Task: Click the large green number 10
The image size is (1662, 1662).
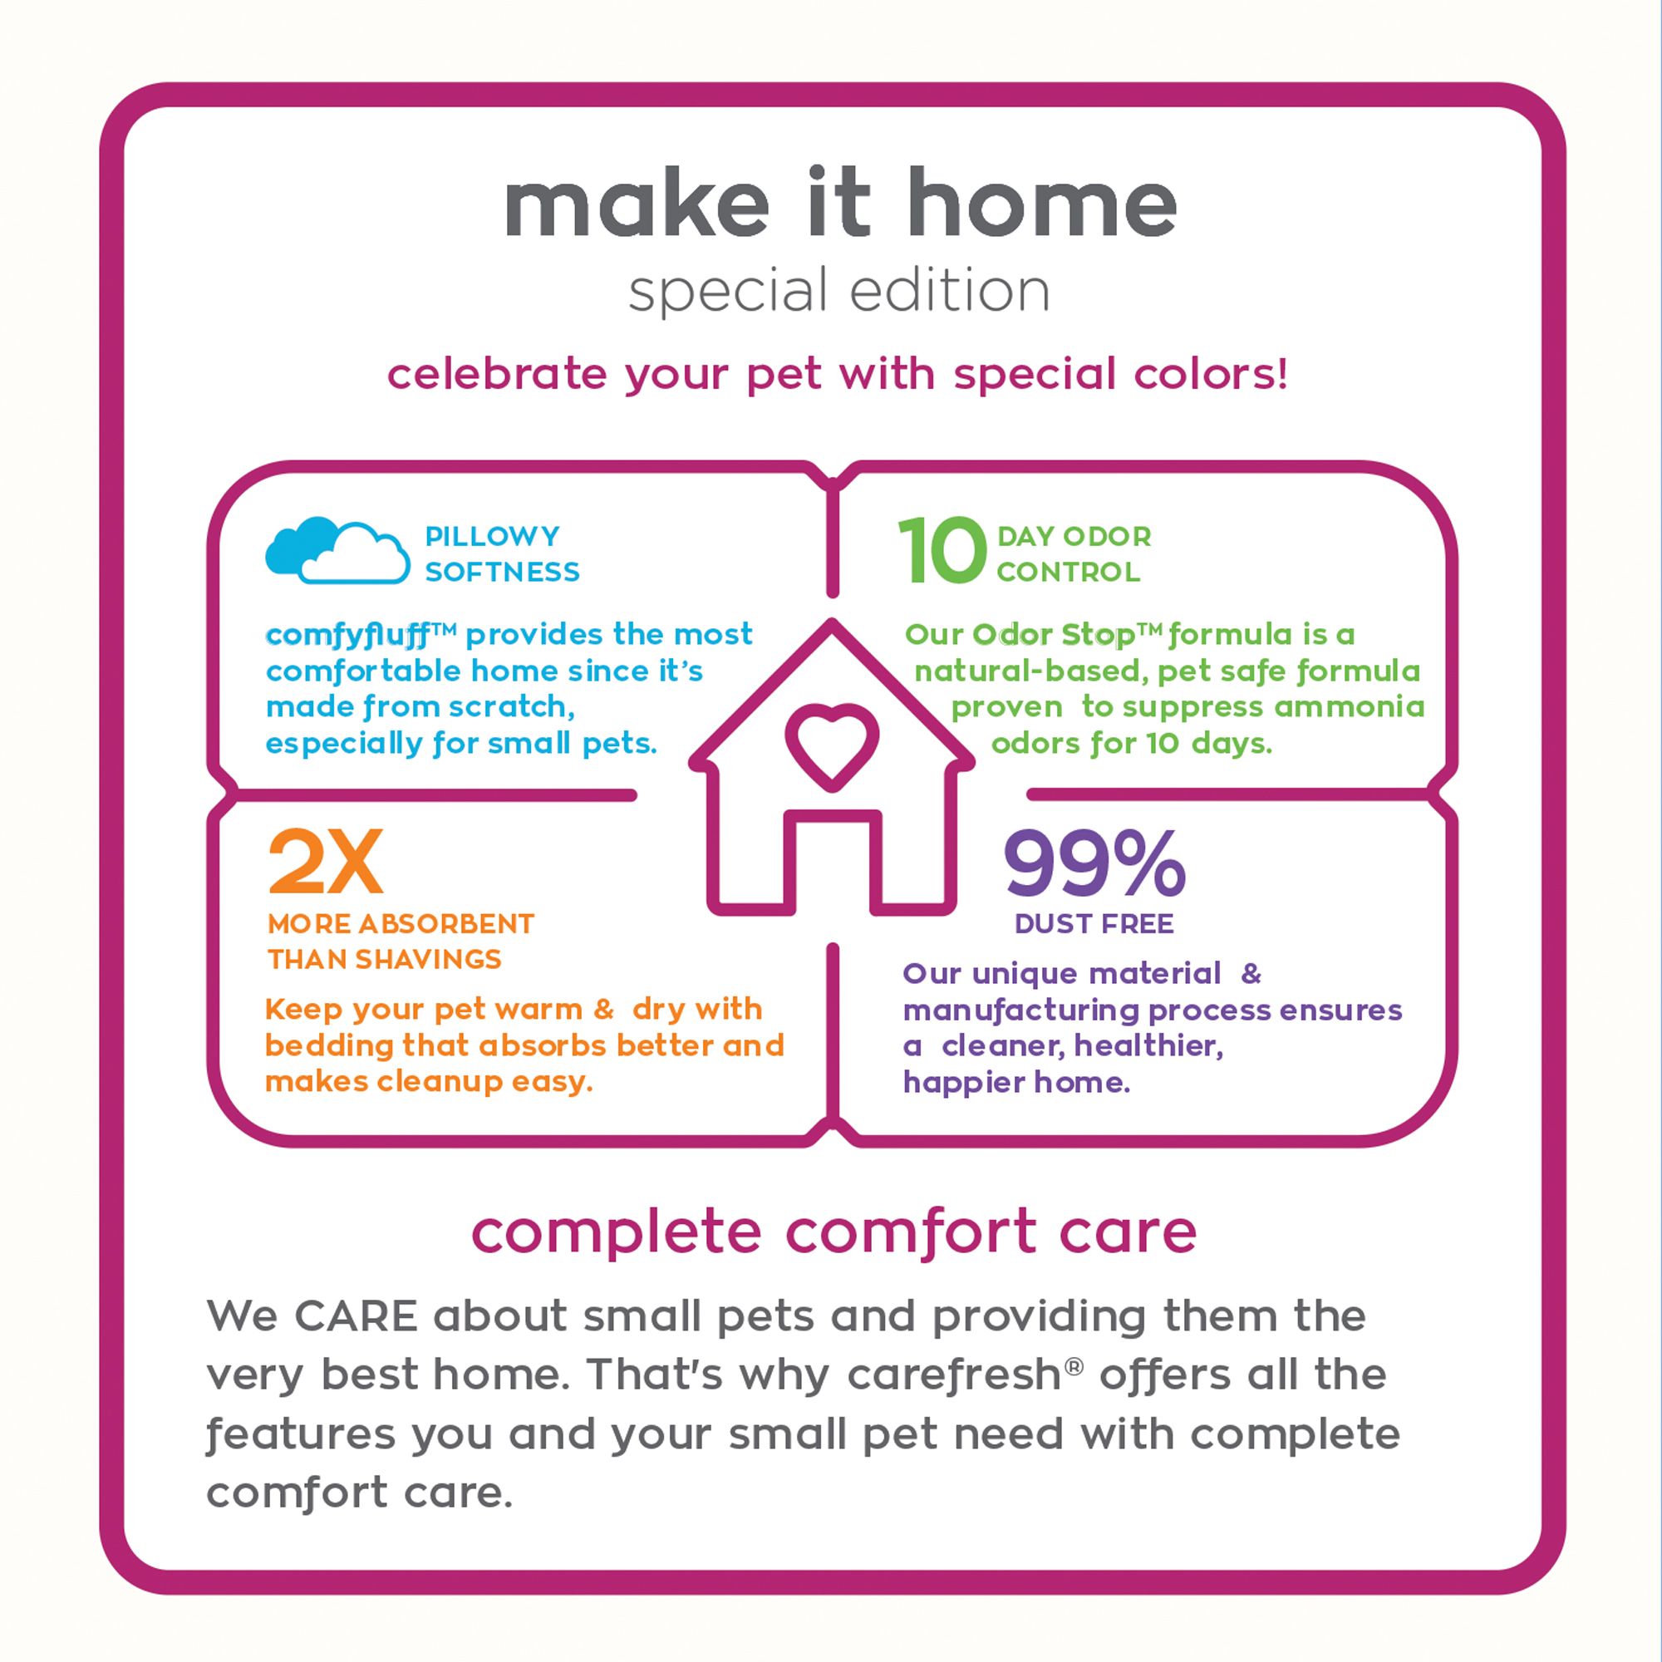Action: [x=942, y=552]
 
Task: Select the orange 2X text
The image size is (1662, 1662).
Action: [x=325, y=863]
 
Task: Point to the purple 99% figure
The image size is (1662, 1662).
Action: [x=1095, y=863]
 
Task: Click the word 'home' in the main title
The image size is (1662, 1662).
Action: [x=1042, y=203]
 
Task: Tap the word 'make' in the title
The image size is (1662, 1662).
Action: [x=636, y=203]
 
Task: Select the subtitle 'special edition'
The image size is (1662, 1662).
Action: [x=838, y=293]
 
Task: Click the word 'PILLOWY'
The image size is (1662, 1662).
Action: [x=492, y=536]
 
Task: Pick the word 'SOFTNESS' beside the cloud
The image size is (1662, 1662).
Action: [x=503, y=572]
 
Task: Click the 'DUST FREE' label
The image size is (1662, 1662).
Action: [x=1094, y=924]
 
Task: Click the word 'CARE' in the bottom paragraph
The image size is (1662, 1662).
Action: [x=356, y=1317]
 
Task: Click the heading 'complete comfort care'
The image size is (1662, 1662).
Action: [x=833, y=1232]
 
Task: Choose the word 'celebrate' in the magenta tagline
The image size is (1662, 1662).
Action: [x=497, y=374]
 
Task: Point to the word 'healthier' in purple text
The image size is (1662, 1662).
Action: [x=1148, y=1047]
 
